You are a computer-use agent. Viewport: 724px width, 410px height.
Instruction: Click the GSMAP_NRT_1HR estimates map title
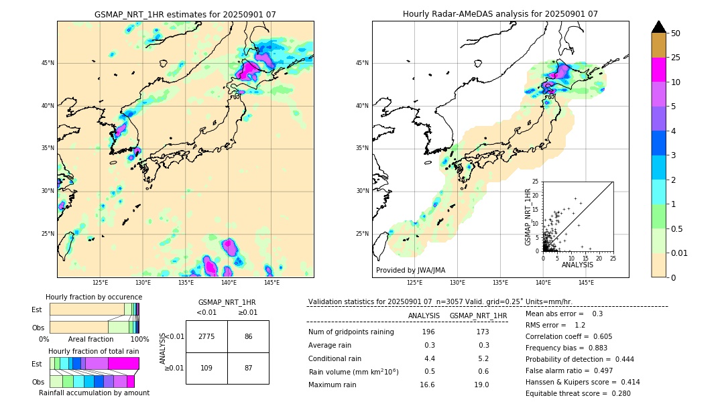(x=185, y=14)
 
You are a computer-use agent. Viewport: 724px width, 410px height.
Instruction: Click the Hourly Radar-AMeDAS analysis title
(x=500, y=14)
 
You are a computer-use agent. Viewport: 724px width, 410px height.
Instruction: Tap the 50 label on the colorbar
(x=676, y=33)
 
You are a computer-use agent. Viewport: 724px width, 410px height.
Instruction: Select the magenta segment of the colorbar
(x=658, y=70)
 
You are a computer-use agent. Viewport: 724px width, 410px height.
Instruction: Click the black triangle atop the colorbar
(x=658, y=26)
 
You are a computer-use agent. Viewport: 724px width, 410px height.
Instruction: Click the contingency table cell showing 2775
(x=206, y=336)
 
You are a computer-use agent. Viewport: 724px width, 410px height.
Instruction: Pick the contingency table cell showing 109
(x=206, y=368)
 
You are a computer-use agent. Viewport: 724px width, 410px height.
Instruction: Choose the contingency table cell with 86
(x=248, y=336)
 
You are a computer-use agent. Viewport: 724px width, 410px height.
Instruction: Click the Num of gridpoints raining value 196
(x=428, y=332)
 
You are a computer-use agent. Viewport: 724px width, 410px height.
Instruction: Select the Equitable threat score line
(x=578, y=393)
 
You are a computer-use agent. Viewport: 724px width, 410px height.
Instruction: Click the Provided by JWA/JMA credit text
(x=410, y=270)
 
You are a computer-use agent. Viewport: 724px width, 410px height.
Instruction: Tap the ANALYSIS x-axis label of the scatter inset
(x=577, y=265)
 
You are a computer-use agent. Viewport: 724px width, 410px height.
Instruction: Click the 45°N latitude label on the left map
(x=47, y=63)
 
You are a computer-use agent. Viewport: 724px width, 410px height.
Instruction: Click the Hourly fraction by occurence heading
(x=94, y=297)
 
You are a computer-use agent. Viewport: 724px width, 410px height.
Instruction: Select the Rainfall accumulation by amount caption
(x=94, y=393)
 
